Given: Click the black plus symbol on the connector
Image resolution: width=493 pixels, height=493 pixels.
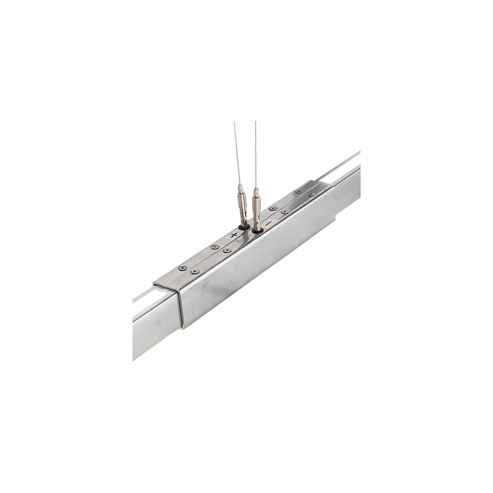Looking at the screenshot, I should [234, 235].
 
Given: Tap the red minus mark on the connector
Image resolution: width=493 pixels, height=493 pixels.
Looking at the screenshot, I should [269, 223].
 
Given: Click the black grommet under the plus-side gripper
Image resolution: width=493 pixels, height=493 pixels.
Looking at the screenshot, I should [244, 226].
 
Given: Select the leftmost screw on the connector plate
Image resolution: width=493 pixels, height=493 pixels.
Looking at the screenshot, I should [183, 268].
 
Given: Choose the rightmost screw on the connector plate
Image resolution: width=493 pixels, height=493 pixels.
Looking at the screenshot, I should [311, 195].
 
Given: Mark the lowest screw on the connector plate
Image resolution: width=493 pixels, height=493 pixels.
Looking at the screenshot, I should [195, 272].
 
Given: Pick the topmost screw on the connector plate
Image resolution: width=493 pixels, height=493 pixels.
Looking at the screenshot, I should [299, 191].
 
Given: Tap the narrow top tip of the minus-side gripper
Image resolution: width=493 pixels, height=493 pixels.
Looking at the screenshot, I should [256, 190].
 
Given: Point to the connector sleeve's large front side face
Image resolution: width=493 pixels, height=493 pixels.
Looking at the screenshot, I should [256, 265].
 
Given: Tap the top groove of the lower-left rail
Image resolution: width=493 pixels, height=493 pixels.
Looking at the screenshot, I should [144, 297].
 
